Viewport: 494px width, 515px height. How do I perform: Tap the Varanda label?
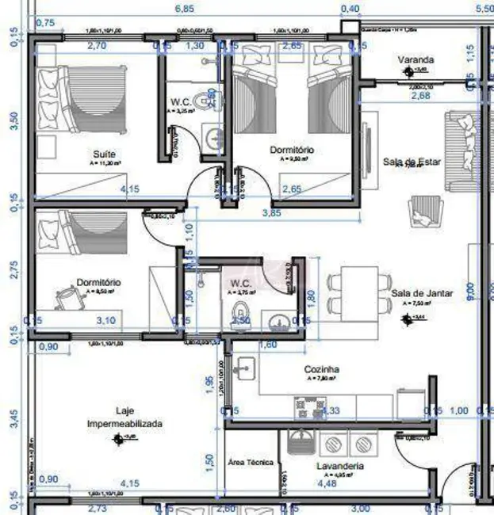(x=416, y=59)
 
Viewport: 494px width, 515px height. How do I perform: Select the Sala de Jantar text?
(x=422, y=292)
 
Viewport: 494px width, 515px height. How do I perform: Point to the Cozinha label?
(x=322, y=369)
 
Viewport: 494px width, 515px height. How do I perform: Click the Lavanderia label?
(x=340, y=466)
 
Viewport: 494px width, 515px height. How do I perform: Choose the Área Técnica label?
(x=251, y=462)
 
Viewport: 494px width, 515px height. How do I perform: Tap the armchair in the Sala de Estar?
(x=421, y=211)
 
